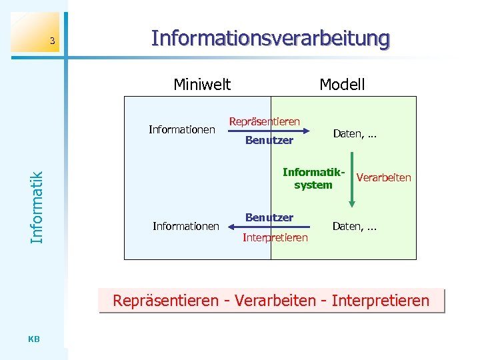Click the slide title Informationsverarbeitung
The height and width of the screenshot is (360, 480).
point(270,38)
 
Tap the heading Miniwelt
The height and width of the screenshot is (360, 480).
point(202,85)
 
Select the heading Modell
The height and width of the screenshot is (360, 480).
point(342,85)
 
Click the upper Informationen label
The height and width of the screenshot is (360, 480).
point(181,129)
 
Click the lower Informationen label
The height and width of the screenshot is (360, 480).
point(185,227)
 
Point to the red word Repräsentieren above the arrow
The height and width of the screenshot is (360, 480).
point(265,122)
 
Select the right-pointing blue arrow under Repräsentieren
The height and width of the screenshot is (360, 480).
point(265,131)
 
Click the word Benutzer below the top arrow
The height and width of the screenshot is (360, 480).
point(269,141)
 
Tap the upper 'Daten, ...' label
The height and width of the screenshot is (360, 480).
point(355,134)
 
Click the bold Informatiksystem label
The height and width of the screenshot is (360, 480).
point(313,179)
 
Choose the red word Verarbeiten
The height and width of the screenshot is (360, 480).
point(384,178)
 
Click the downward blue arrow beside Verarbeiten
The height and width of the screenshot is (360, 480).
point(351,178)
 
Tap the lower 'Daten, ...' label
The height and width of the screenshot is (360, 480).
point(355,227)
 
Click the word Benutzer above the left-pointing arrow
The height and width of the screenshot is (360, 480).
point(269,217)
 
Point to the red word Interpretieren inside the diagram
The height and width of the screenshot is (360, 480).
point(275,238)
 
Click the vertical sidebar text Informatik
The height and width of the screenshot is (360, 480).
point(38,207)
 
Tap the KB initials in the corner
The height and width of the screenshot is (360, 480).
point(35,339)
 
